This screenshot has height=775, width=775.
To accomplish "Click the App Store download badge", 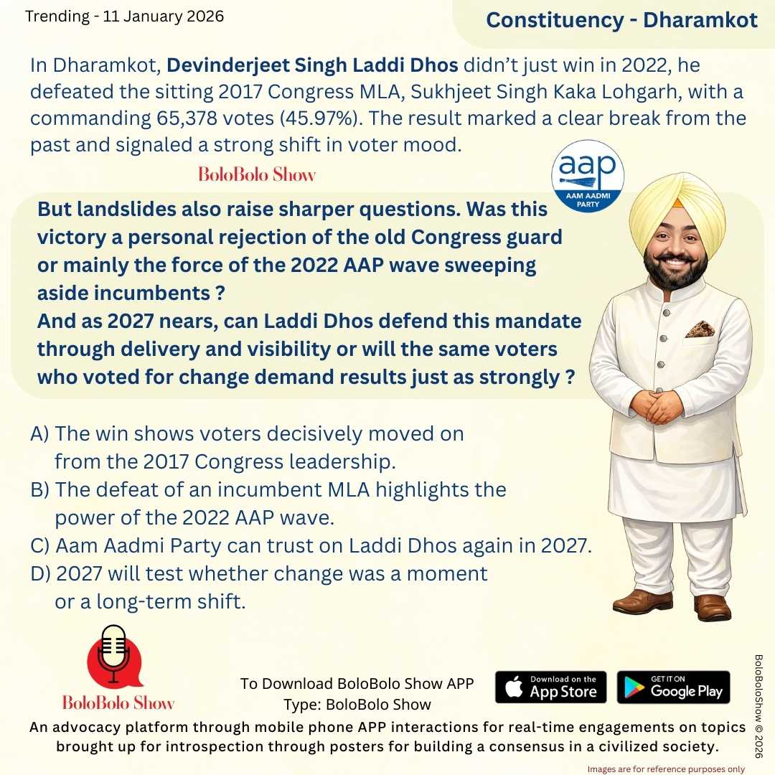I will click(550, 687).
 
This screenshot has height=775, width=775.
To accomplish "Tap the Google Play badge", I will click(673, 687).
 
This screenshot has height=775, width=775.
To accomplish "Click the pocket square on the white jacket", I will click(699, 329).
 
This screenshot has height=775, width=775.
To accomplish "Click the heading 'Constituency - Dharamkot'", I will click(621, 20).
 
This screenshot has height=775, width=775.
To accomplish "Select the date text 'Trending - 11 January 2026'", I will click(124, 16).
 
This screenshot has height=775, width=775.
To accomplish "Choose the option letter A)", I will click(39, 434).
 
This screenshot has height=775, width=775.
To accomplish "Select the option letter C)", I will click(39, 545).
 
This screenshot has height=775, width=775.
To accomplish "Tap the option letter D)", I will click(40, 574).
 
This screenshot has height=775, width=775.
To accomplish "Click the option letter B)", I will click(39, 490).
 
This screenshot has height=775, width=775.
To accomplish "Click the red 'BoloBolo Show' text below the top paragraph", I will click(256, 174).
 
